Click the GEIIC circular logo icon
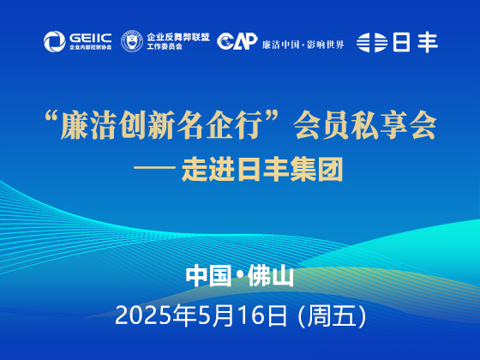click(55, 42)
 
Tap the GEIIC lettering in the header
click(90, 38)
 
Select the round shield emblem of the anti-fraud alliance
click(132, 41)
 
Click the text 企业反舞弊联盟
click(178, 38)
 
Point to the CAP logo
click(237, 41)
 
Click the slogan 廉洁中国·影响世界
click(303, 45)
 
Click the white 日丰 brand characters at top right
click(416, 43)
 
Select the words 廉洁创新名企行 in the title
click(162, 125)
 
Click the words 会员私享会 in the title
click(364, 125)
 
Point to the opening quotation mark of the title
click(51, 118)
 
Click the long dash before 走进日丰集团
click(154, 168)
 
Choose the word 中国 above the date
click(208, 276)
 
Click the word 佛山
click(271, 276)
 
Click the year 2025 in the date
click(144, 315)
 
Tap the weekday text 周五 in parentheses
click(332, 315)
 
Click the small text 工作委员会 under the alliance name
click(165, 47)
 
